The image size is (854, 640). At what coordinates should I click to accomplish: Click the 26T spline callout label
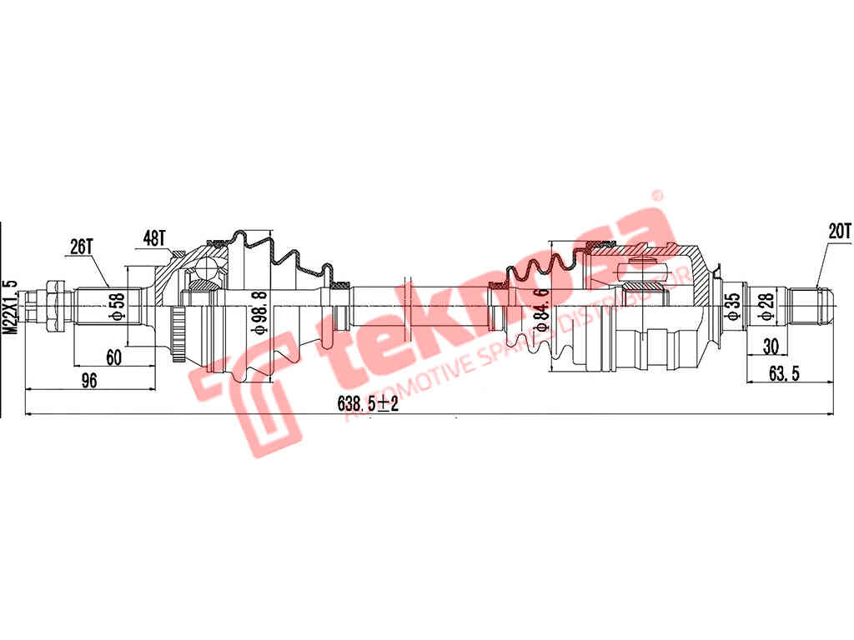coord(82,247)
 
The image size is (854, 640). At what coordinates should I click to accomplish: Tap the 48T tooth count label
coord(154,237)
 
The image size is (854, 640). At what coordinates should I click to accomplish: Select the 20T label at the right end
coord(839,231)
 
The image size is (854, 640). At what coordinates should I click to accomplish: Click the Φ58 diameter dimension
coord(118,307)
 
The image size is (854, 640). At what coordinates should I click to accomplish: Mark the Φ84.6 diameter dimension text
coord(542,310)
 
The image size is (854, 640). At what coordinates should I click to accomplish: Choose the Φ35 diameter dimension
coord(734,307)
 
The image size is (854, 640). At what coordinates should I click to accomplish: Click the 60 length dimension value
coord(113,357)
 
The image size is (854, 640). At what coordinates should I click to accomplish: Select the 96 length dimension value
coord(88,380)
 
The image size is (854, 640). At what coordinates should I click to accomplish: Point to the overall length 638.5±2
coord(368,403)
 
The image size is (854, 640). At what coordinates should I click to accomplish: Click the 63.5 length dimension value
coord(784,373)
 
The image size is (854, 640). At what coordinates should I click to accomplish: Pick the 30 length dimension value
coord(771,346)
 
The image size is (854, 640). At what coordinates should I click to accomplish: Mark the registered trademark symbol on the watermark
coord(657,195)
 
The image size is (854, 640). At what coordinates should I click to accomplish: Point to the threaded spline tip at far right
coord(811,307)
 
